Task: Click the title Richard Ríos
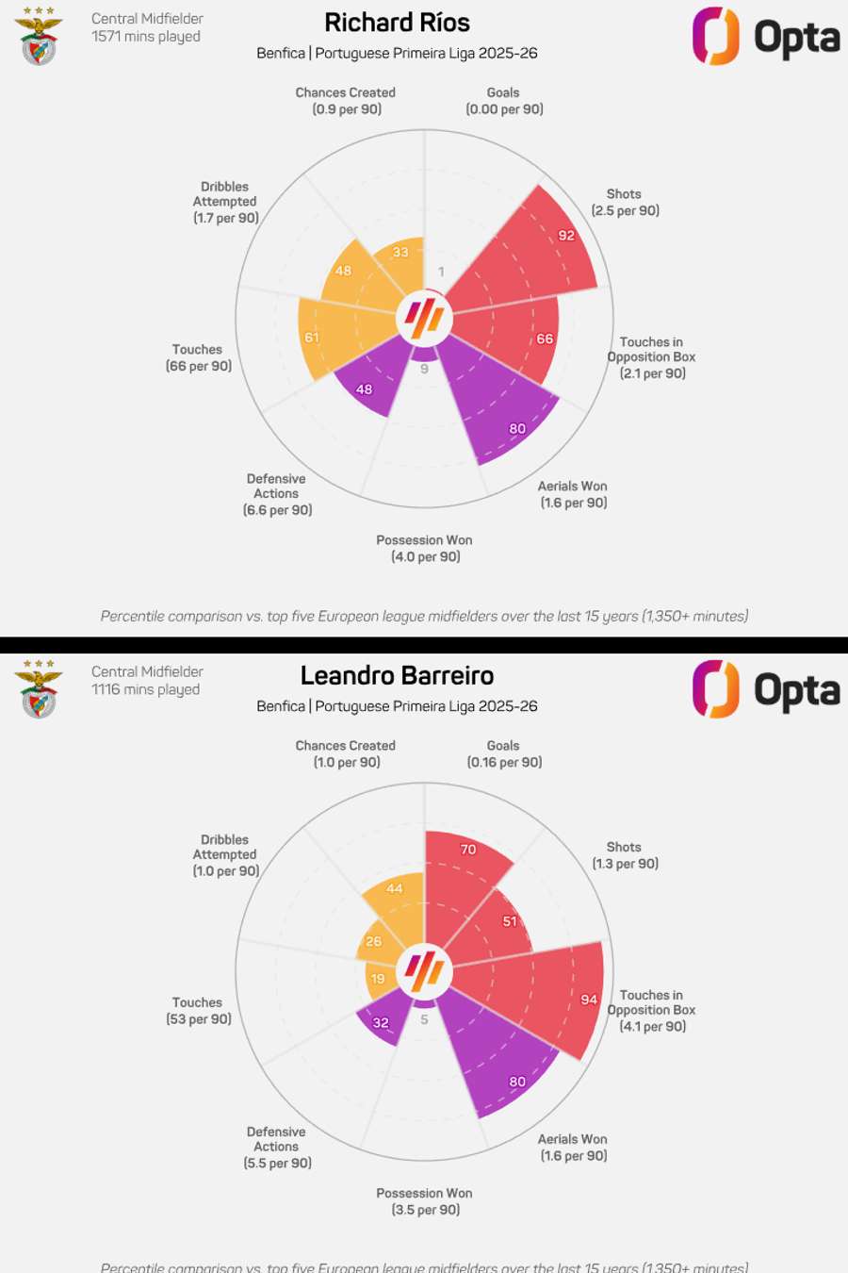tap(397, 23)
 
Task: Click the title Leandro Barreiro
tap(397, 676)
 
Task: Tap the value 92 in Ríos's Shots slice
tap(566, 236)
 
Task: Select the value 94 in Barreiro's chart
tap(589, 1000)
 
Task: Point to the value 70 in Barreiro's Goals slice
tap(468, 850)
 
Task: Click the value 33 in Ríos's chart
tap(400, 252)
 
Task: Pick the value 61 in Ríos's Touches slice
tap(312, 338)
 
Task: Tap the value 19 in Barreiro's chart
tap(378, 979)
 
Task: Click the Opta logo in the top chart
tap(766, 37)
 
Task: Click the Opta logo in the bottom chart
tap(766, 689)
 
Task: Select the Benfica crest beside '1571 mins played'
tap(39, 36)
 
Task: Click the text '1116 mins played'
tap(145, 689)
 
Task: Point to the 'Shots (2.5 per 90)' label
tap(625, 202)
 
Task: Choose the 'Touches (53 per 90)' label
tap(198, 1011)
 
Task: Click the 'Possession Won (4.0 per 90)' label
tap(425, 548)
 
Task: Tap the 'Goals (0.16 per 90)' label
tap(504, 753)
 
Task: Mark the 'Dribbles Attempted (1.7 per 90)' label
tap(225, 202)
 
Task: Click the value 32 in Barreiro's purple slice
tap(381, 1022)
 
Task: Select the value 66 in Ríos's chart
tap(545, 339)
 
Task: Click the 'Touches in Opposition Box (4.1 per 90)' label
tap(652, 1010)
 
